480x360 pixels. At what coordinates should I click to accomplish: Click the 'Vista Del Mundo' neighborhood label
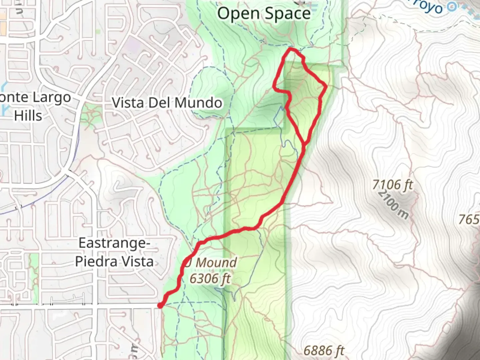[x=167, y=103]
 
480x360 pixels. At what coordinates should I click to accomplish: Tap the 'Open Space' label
[x=264, y=14]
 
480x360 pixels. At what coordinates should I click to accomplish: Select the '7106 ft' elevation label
[x=393, y=184]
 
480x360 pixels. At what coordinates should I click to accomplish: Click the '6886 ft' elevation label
[x=324, y=351]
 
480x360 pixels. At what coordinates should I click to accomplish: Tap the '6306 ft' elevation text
[x=210, y=278]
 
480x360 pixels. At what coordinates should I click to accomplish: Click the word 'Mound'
[x=216, y=262]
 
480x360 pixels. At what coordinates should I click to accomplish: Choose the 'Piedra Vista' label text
[x=114, y=261]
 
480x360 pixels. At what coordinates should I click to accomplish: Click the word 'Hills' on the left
[x=28, y=116]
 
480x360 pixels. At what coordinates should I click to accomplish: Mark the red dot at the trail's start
[x=160, y=305]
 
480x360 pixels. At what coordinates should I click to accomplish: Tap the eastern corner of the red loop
[x=326, y=86]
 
